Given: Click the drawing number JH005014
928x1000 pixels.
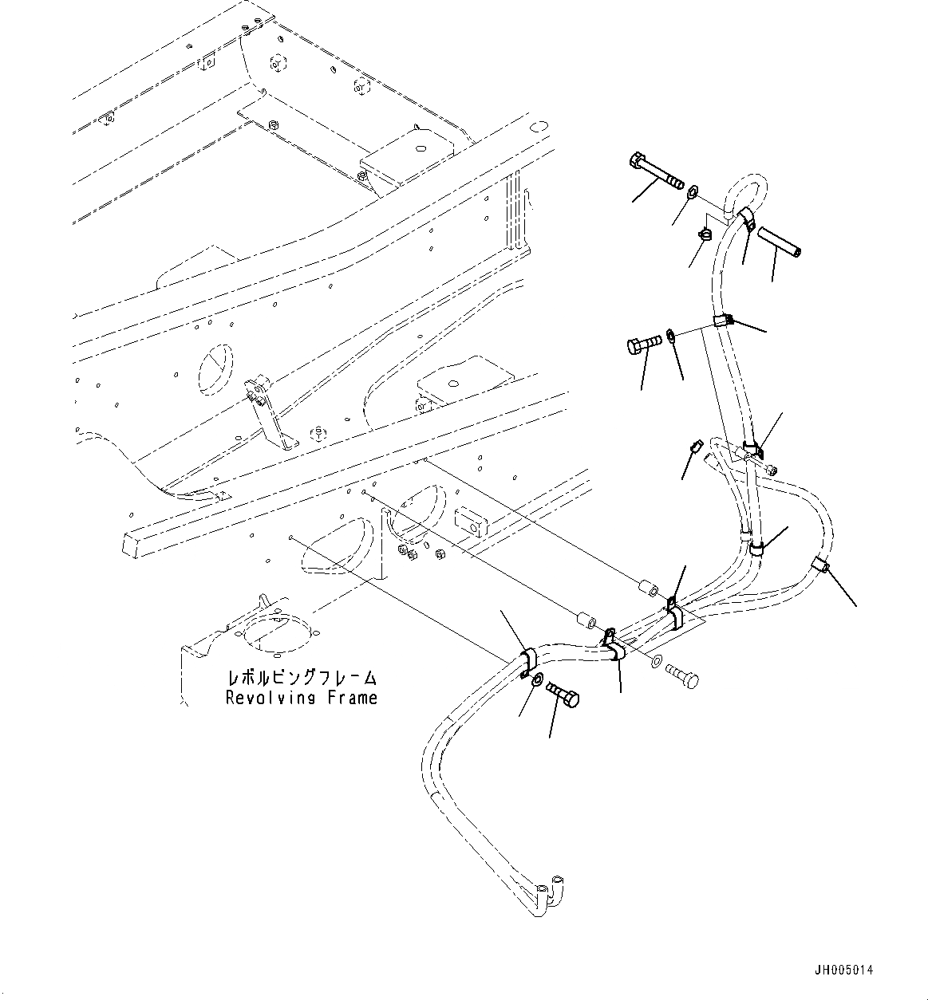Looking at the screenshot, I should pyautogui.click(x=843, y=970).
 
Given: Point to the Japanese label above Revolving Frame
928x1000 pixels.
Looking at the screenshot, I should pyautogui.click(x=302, y=679).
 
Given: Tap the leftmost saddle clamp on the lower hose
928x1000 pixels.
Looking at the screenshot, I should pyautogui.click(x=527, y=661).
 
